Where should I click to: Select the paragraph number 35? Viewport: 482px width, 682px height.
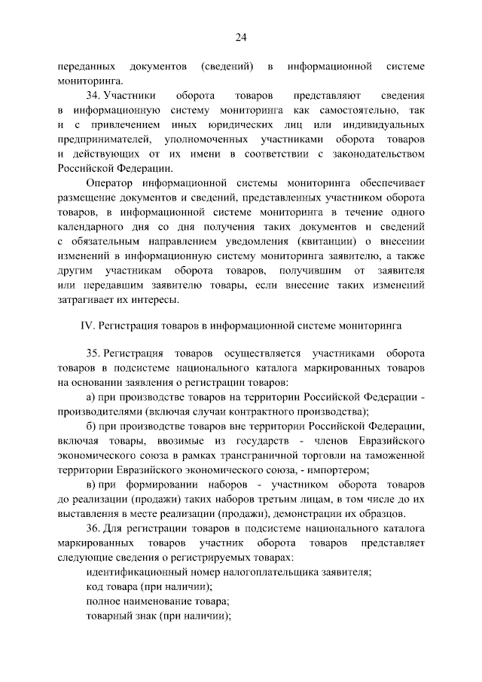point(94,353)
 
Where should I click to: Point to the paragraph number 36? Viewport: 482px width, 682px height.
point(94,528)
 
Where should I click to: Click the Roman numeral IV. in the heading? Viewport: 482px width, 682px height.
point(85,326)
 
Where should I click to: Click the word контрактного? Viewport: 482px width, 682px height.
point(267,411)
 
